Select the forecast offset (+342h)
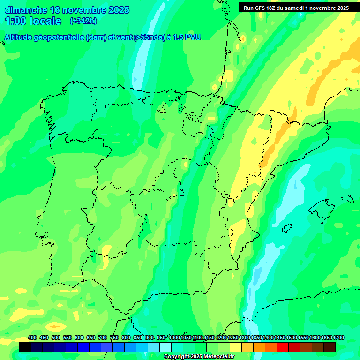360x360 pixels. [x=83, y=21]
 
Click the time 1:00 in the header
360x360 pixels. [x=15, y=21]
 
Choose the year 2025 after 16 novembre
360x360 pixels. [x=119, y=10]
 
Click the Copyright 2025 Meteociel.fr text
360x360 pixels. [x=199, y=357]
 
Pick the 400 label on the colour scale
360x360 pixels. [x=32, y=337]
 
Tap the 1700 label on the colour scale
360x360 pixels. [x=338, y=337]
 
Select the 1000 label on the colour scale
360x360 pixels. [x=174, y=337]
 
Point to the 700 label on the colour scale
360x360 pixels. [x=103, y=337]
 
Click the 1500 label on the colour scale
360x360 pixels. [x=292, y=337]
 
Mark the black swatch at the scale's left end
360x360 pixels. [x=25, y=347]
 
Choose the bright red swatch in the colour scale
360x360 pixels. [x=283, y=347]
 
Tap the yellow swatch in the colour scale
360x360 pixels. [x=236, y=347]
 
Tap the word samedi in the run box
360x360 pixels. [x=292, y=7]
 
